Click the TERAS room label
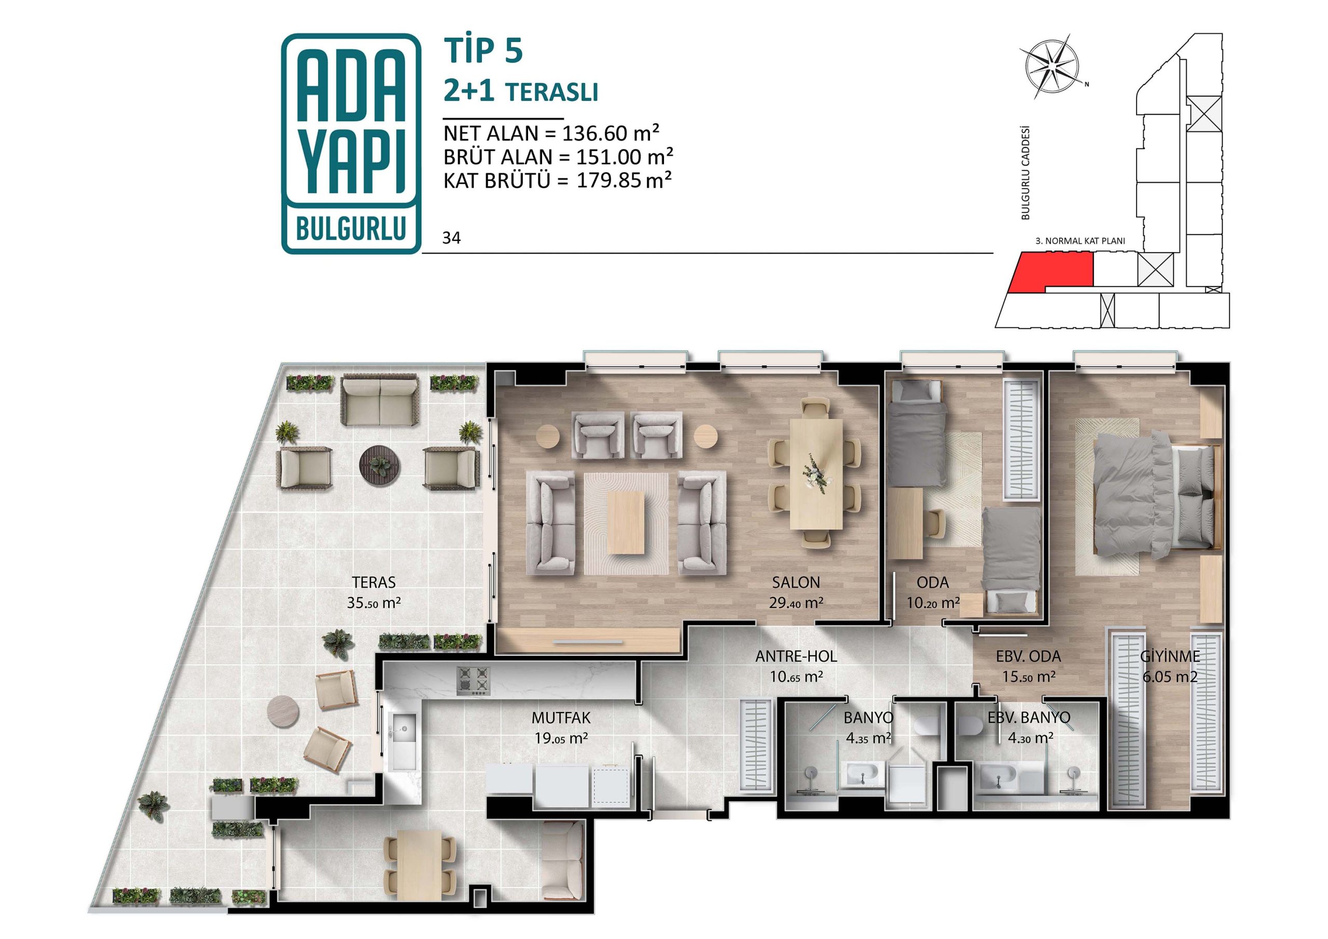pos(374,582)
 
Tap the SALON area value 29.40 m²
pos(796,602)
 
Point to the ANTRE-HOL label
pos(796,656)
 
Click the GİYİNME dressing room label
pos(1170,656)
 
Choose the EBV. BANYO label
pos(1029,718)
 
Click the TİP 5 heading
pos(483,50)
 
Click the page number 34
pos(451,238)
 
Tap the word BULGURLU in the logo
pos(350,230)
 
